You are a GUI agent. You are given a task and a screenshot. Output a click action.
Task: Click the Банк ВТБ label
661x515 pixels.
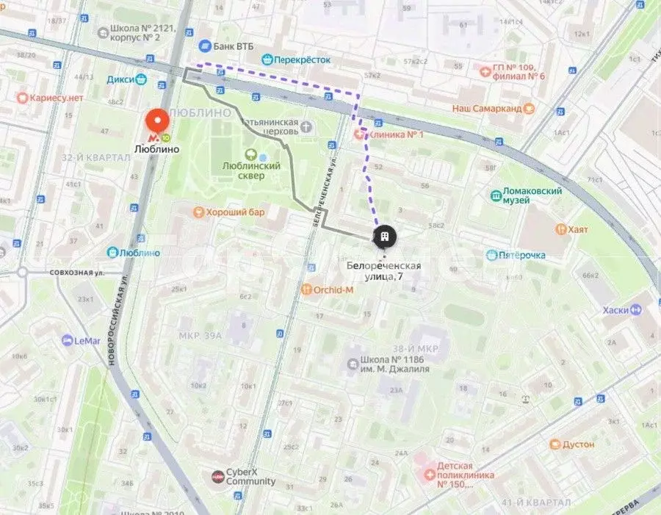pyautogui.click(x=229, y=46)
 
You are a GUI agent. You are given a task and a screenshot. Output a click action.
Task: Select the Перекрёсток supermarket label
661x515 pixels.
pyautogui.click(x=301, y=60)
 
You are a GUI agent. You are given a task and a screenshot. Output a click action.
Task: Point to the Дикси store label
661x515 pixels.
pyautogui.click(x=121, y=79)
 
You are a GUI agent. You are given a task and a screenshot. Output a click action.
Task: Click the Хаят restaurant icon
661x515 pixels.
pyautogui.click(x=561, y=230)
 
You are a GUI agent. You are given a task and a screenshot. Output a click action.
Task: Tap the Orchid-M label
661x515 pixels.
pyautogui.click(x=333, y=289)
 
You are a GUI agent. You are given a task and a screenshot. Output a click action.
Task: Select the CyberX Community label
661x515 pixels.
pyautogui.click(x=250, y=477)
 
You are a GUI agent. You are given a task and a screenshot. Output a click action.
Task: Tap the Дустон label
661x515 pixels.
pyautogui.click(x=578, y=444)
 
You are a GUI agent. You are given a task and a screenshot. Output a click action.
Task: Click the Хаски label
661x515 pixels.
pyautogui.click(x=616, y=311)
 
